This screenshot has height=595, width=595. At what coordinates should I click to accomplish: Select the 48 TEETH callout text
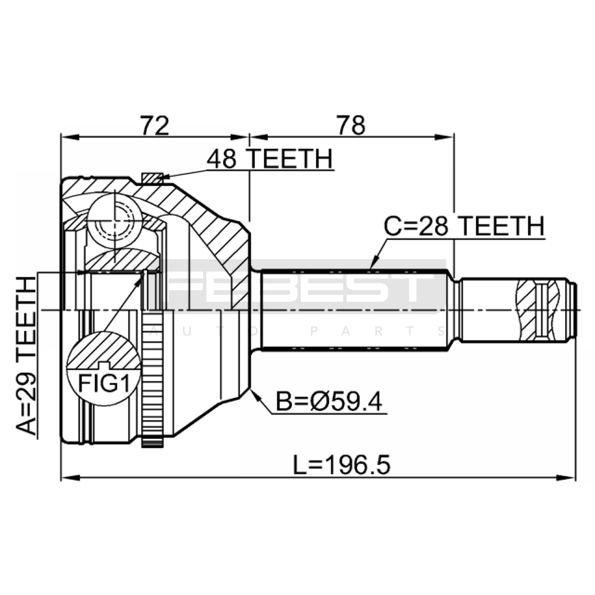tap(270, 159)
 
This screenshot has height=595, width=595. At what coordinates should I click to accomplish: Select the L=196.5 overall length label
tap(342, 465)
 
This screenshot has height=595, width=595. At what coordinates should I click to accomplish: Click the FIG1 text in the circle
tap(104, 383)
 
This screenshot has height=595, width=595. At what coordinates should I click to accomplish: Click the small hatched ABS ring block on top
tap(152, 178)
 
